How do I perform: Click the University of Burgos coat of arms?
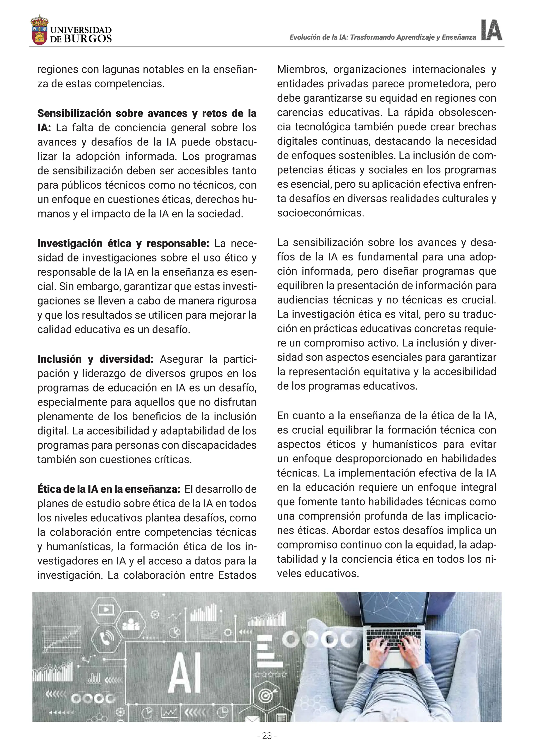click(x=39, y=30)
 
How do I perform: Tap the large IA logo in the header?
click(x=491, y=30)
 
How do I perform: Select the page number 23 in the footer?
click(x=267, y=736)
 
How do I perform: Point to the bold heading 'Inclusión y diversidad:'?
click(x=95, y=359)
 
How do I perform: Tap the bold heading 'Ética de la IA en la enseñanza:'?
click(x=108, y=489)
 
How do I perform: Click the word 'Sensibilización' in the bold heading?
click(x=74, y=113)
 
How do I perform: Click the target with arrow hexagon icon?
click(x=266, y=696)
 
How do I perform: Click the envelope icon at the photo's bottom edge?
click(x=252, y=718)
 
